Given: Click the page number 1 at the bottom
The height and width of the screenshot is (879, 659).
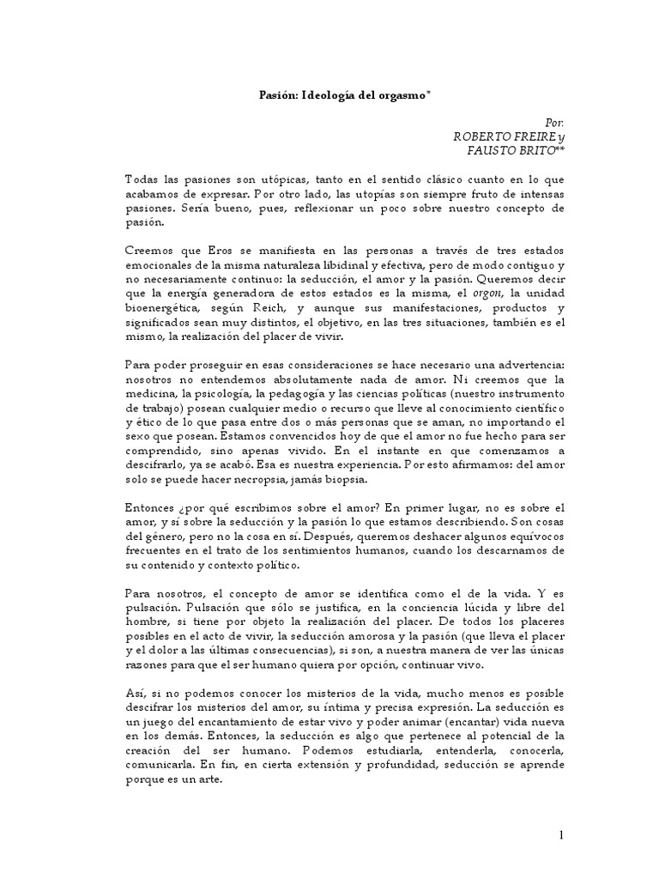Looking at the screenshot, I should click(x=561, y=835).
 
